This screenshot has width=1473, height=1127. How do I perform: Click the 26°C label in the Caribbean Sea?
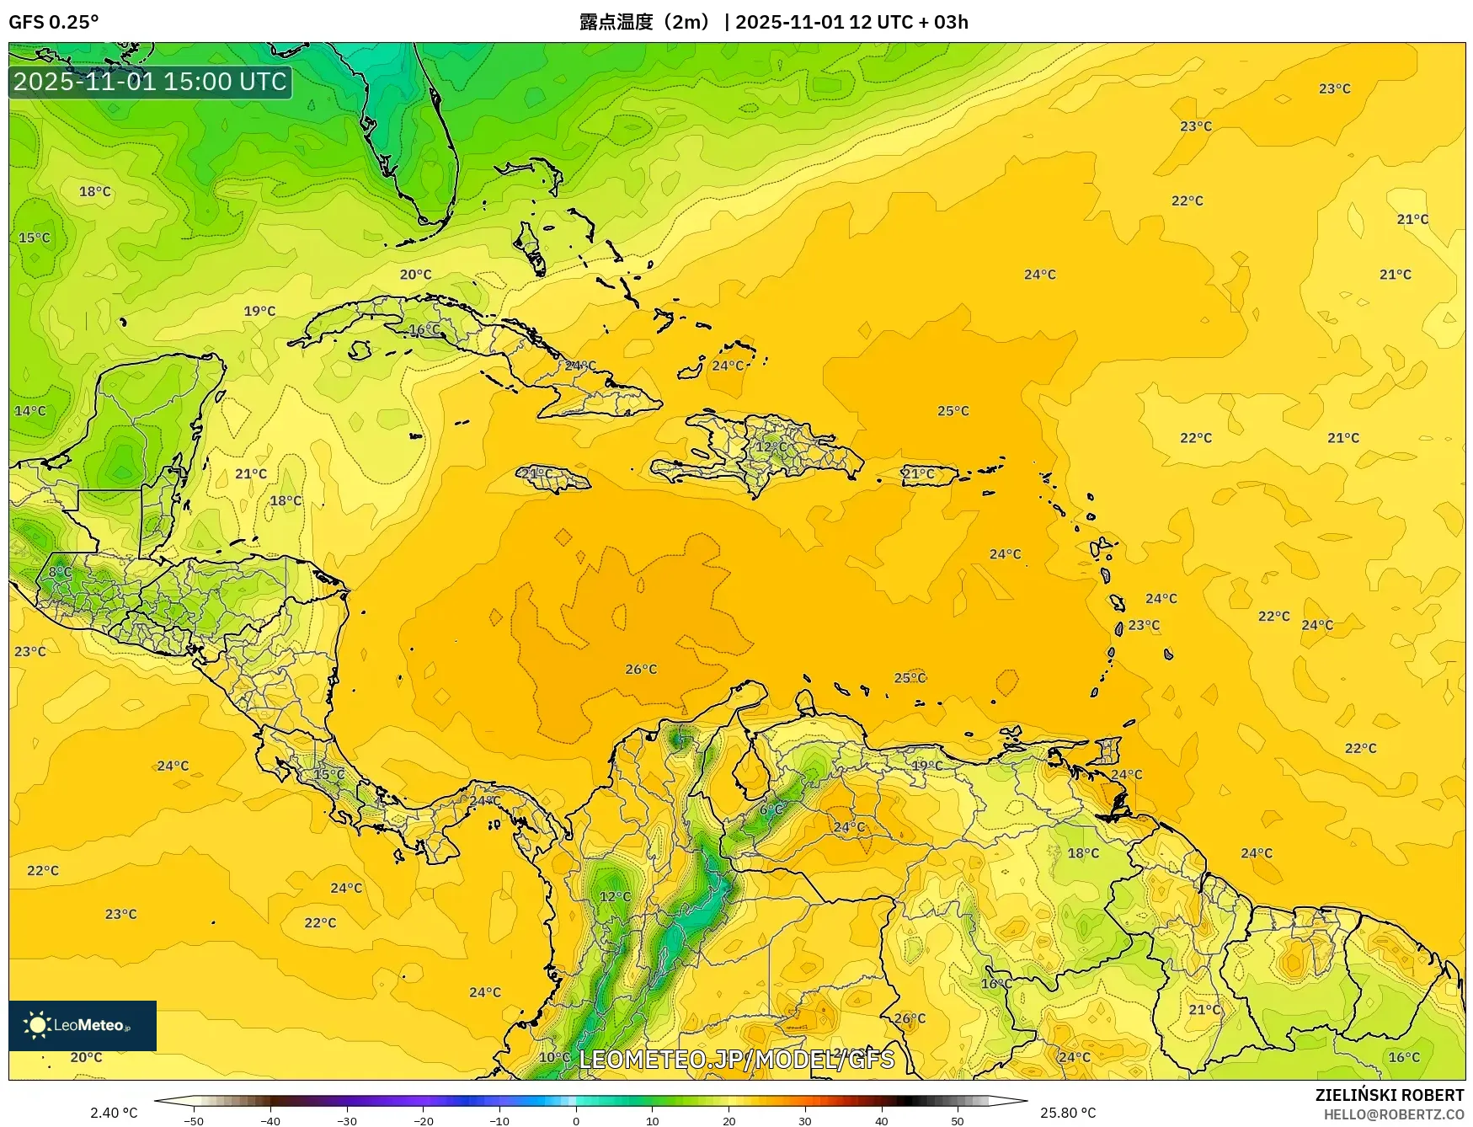(641, 670)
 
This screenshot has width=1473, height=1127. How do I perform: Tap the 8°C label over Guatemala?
(60, 572)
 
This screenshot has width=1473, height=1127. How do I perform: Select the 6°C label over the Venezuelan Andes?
(771, 809)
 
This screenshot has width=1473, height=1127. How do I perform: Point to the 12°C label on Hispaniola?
(771, 447)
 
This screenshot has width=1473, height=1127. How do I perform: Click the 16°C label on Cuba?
(424, 329)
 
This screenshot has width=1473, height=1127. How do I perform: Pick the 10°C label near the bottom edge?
(554, 1057)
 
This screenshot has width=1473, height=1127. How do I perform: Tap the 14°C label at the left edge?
(30, 411)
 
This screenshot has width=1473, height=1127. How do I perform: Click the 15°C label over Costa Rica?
(329, 774)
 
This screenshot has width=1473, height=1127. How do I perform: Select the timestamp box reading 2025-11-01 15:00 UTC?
(150, 82)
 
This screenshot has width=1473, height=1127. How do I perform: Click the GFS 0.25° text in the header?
(53, 22)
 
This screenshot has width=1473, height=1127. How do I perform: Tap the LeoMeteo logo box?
(83, 1025)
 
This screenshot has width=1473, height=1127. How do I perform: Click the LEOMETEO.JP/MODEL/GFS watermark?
(736, 1059)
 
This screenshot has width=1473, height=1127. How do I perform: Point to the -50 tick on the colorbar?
(193, 1121)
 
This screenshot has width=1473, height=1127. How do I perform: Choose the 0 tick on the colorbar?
(576, 1121)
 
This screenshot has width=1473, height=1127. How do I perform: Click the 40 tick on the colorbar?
(882, 1121)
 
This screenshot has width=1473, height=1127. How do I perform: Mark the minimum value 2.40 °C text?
(114, 1113)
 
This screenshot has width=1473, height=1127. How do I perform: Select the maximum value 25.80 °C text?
(1068, 1113)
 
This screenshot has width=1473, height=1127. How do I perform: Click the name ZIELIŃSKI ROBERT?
(1390, 1095)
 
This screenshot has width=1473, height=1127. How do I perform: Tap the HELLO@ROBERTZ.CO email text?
(1394, 1114)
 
